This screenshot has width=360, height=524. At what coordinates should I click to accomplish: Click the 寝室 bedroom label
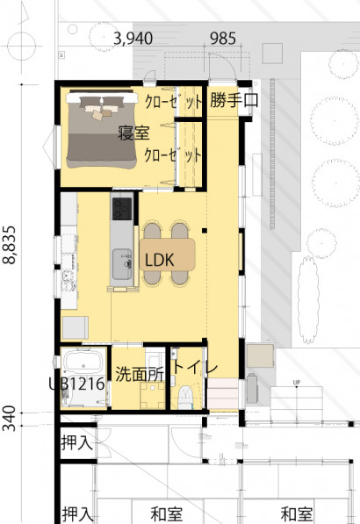(x=133, y=133)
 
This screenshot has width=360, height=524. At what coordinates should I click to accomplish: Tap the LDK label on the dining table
(x=160, y=260)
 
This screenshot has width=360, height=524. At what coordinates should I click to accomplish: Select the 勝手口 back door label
(x=234, y=100)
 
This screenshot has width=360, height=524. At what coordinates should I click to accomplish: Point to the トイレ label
(x=195, y=367)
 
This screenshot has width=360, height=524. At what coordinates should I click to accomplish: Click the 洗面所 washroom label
(x=140, y=374)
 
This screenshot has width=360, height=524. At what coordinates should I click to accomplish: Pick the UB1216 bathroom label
(x=77, y=384)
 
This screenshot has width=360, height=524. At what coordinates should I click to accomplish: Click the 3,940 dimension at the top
(x=133, y=39)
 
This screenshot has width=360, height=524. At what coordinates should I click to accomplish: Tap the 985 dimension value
(x=223, y=39)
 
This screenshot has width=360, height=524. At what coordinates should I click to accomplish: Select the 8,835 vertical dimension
(x=10, y=245)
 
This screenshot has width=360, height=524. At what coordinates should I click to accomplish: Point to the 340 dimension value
(x=10, y=418)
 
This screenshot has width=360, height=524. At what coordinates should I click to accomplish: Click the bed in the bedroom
(x=102, y=129)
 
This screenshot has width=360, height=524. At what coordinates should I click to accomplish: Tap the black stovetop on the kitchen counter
(x=122, y=209)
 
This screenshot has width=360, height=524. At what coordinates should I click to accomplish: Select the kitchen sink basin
(x=122, y=264)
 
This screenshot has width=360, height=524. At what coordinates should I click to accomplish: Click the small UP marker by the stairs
(x=297, y=382)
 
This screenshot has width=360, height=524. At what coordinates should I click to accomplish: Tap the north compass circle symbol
(x=22, y=46)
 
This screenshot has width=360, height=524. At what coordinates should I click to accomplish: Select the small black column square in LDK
(x=205, y=230)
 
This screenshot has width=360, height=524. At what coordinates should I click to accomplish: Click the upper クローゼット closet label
(x=174, y=101)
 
